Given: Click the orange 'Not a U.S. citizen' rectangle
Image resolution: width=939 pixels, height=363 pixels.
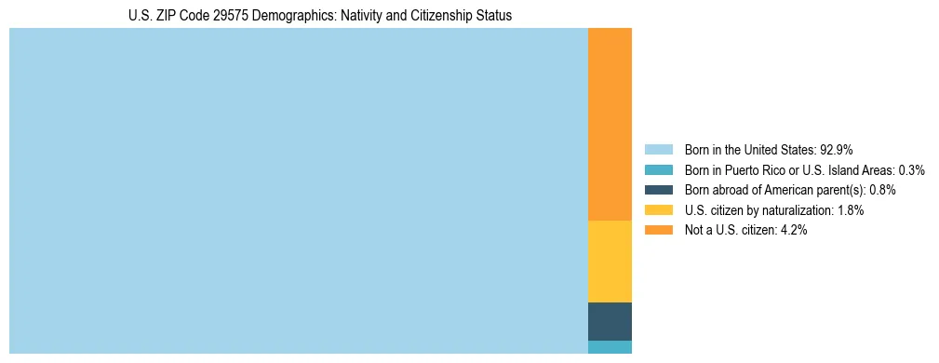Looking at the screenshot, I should [x=610, y=124].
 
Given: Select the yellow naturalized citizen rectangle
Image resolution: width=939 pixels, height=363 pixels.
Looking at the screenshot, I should [x=610, y=262].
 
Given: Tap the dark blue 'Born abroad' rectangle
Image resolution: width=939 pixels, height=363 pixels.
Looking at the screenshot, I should [x=610, y=321].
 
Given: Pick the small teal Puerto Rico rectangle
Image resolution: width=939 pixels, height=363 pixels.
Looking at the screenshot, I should [x=610, y=347].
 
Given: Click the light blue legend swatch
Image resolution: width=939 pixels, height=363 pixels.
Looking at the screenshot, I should [x=658, y=150].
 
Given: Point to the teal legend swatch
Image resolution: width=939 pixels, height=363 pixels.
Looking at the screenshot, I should [x=658, y=170].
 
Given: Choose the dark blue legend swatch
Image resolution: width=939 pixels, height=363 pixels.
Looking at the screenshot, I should [x=658, y=190].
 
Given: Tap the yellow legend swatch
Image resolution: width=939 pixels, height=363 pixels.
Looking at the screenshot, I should [x=658, y=210].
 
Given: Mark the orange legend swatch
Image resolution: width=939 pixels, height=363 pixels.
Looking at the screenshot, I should [x=658, y=230].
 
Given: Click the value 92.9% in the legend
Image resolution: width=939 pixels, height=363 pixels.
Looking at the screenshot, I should [x=837, y=150].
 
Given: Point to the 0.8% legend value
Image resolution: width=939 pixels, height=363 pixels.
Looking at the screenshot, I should [x=882, y=190].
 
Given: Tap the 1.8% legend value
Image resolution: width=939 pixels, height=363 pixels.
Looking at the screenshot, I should [x=850, y=210].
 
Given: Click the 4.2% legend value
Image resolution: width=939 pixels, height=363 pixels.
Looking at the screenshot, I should [x=793, y=230].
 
